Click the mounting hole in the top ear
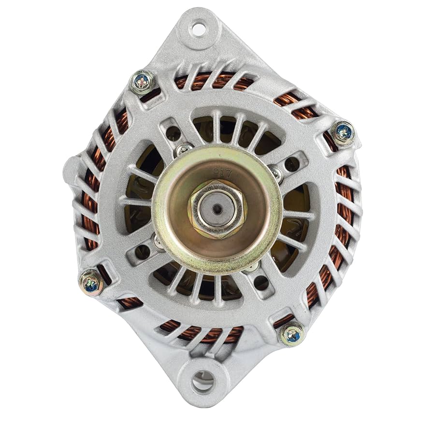pyautogui.click(x=198, y=28)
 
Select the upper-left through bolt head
pyautogui.click(x=143, y=81)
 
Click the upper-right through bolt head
pyautogui.click(x=344, y=131)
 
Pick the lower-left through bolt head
pyautogui.click(x=91, y=282)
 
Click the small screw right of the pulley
pyautogui.click(x=275, y=173)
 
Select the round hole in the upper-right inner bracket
pyautogui.click(x=291, y=164)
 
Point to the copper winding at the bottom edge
pyautogui.click(x=203, y=333)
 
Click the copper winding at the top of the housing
pyautogui.click(x=217, y=82)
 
